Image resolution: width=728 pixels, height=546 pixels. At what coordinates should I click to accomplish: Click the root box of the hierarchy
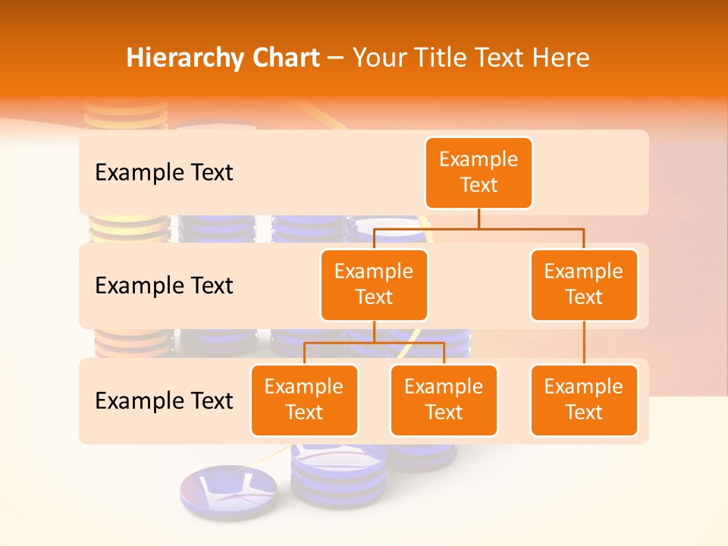479,172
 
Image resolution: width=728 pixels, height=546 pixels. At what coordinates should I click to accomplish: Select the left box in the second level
374,284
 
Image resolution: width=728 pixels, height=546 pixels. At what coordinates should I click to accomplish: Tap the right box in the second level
584,284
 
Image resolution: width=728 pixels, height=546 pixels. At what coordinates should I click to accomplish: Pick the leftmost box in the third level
304,400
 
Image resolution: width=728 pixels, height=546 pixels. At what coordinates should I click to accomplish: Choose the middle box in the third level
444,400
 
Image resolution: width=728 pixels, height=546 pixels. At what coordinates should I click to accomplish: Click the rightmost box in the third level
584,400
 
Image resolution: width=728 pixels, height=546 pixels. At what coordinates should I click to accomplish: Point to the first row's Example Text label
164,173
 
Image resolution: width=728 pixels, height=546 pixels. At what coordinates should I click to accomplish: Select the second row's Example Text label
164,286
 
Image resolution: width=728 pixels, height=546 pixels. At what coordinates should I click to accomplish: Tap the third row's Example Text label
164,400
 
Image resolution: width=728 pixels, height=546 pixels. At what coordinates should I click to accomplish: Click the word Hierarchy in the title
180,58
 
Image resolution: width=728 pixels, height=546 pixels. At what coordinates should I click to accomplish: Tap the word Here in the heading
560,58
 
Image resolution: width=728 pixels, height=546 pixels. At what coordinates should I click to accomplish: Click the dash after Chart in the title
336,59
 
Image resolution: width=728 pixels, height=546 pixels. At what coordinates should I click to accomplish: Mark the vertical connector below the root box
479,218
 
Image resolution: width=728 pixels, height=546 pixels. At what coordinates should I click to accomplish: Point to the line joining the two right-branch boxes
584,343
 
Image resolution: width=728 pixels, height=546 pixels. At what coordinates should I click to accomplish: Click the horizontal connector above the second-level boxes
479,228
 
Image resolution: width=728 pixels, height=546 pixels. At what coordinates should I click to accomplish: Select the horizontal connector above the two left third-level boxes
374,343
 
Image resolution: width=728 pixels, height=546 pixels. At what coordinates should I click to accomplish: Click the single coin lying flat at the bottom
229,491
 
